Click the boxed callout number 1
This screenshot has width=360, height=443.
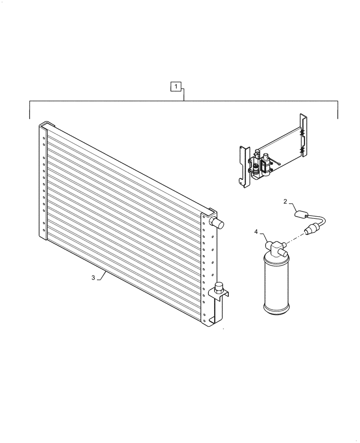click(176, 86)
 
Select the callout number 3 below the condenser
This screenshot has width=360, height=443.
click(93, 278)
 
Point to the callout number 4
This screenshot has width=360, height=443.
click(256, 231)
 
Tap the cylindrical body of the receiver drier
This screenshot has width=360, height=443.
click(277, 284)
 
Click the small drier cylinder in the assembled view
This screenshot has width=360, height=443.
click(266, 164)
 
